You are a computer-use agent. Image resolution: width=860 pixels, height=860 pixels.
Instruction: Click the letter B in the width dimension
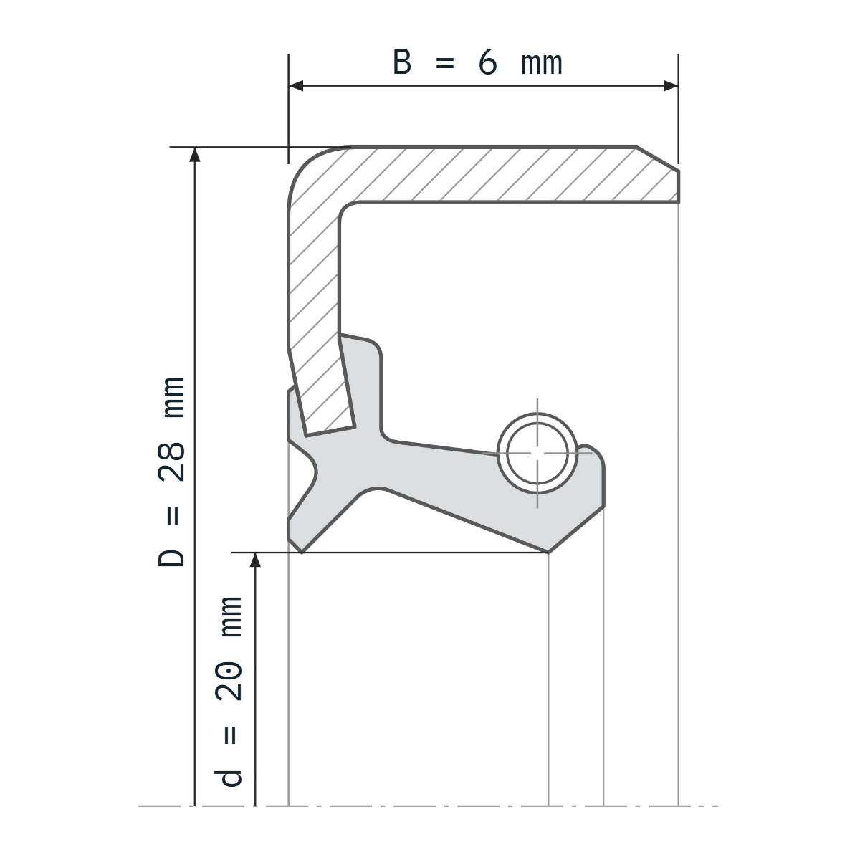[401, 62]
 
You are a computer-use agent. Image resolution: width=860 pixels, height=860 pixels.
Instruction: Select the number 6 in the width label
[488, 62]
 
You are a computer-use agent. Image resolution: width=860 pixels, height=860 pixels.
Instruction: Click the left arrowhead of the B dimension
[296, 86]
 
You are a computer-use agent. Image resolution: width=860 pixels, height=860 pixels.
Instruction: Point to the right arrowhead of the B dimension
[671, 86]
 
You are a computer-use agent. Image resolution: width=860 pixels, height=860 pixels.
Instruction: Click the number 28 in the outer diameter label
[171, 462]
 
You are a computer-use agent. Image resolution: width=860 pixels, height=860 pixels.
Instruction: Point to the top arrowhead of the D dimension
[195, 154]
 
